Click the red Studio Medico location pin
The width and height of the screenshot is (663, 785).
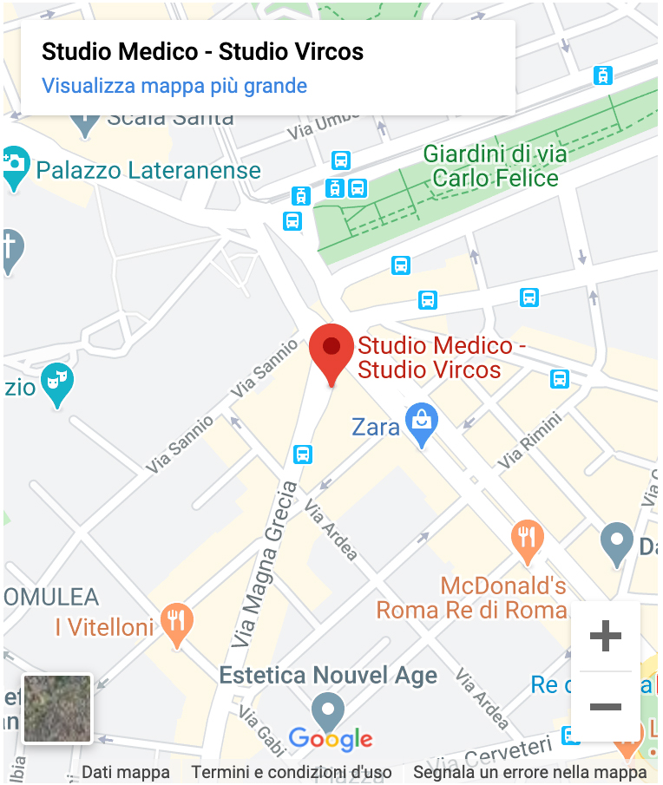point(331,349)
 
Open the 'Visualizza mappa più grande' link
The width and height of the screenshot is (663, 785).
point(174,86)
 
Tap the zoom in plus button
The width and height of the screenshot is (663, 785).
point(605,637)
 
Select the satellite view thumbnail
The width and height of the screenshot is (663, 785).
point(57,709)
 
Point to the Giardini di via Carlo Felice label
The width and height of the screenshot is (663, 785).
point(495,167)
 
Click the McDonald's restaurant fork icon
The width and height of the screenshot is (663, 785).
point(527,539)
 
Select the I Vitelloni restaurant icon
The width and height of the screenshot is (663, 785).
point(177,621)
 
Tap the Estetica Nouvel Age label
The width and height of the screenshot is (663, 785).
point(328,676)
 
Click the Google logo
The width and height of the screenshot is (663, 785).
point(331,739)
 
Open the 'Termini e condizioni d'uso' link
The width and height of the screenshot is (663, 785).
point(292,772)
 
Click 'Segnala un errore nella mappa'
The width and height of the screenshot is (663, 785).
point(529,772)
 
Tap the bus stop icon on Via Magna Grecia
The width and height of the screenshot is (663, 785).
point(303,454)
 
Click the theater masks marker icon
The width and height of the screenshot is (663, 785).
point(56,382)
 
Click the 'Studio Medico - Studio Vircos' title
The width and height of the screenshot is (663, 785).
point(203,51)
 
